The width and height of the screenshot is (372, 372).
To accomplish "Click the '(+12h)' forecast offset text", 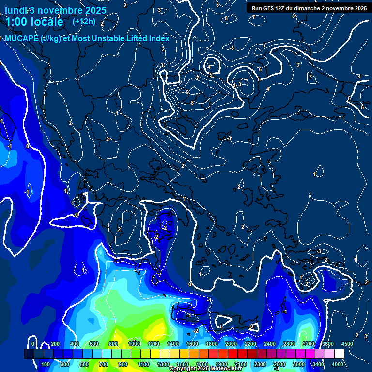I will (x=84, y=21).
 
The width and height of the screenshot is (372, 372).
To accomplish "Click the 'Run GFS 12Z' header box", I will (x=309, y=8).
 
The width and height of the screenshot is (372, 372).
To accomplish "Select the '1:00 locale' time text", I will (x=34, y=22).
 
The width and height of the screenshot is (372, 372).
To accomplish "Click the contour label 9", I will (x=187, y=92).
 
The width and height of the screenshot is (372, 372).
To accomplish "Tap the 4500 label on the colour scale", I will (x=347, y=344).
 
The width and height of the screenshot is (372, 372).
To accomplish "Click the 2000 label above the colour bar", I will (x=231, y=344).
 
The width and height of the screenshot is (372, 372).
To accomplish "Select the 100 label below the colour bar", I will (x=46, y=364).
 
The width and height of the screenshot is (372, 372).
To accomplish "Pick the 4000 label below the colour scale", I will (x=338, y=364).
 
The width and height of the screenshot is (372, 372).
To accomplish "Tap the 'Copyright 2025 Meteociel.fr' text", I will (x=205, y=369).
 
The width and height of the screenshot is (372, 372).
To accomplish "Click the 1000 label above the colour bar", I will (x=134, y=344).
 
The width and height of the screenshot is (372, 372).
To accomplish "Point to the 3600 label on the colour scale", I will (x=328, y=344).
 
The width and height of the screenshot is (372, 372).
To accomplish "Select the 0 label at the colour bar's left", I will (x=33, y=344).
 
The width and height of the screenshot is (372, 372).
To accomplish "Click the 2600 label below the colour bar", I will (x=279, y=364).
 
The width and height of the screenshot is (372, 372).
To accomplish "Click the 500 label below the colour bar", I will (x=85, y=364).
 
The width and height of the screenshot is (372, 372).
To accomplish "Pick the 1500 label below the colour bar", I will (x=183, y=364).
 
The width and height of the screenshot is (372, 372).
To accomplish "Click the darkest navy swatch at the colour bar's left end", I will (x=29, y=355).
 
